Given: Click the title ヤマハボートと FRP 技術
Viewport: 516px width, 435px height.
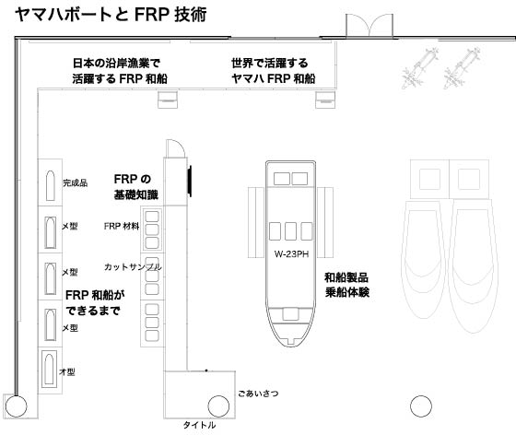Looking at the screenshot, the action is [x=111, y=15].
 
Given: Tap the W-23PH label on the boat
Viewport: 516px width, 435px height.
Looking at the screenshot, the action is [x=291, y=254].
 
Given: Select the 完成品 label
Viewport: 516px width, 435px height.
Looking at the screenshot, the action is [x=76, y=183].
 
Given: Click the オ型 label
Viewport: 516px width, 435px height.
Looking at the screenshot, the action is [x=67, y=371].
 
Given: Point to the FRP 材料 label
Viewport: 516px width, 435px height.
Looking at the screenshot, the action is [x=122, y=226].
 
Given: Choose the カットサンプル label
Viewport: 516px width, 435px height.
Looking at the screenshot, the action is [x=133, y=267].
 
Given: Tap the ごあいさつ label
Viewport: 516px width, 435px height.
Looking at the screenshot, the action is [x=258, y=394].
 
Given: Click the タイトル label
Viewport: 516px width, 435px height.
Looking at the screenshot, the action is [x=199, y=425].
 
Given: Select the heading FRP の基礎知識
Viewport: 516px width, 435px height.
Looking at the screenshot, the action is [x=136, y=187].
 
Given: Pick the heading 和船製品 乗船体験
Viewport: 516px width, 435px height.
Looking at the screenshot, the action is [x=346, y=285].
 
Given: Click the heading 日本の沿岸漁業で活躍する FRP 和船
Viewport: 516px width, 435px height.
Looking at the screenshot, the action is [x=120, y=71].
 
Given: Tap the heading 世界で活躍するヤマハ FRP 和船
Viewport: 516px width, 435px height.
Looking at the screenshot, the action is [x=273, y=71].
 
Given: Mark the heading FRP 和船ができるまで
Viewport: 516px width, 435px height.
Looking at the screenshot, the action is [x=95, y=302].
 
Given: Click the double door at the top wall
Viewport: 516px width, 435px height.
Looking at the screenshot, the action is [x=369, y=26].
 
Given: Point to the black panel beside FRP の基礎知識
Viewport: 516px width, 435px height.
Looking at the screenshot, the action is [x=190, y=182].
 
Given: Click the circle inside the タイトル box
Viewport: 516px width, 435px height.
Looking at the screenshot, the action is [x=218, y=406].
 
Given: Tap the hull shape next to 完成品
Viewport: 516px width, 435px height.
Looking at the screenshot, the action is [x=51, y=185].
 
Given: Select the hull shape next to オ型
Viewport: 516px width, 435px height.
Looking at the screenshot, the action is [x=49, y=369].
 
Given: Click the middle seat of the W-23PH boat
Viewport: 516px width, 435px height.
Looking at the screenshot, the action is [x=290, y=231].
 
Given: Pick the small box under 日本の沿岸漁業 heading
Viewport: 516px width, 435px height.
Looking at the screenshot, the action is [x=168, y=100].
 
